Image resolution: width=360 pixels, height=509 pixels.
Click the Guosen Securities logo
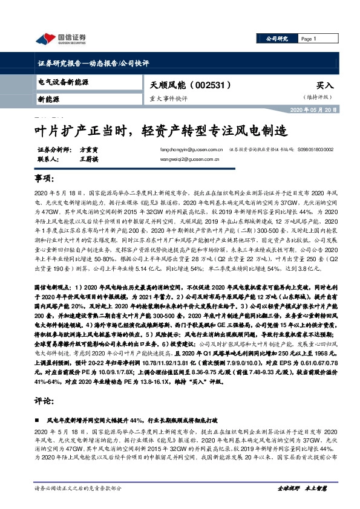coord(61,39)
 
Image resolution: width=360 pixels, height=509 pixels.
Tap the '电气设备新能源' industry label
coord(64,81)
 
